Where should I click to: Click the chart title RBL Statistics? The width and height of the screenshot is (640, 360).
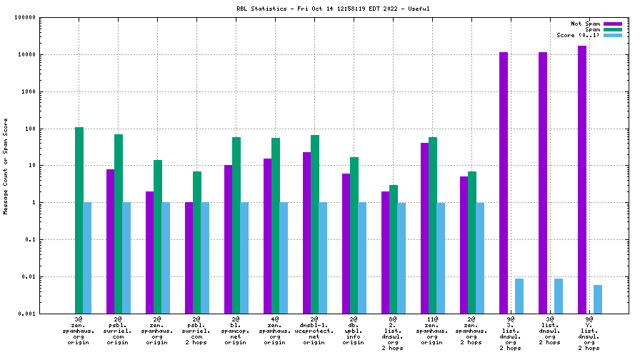coord(333,9)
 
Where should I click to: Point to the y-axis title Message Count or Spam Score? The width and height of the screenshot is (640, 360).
coord(6,166)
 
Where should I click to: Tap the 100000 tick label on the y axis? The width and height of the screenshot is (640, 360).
coord(24,18)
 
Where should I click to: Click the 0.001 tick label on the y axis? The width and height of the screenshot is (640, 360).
coord(27,314)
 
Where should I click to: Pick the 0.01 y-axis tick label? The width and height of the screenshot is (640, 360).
coord(29,276)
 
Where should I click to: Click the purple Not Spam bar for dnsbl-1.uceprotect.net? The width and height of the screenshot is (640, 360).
coord(306,233)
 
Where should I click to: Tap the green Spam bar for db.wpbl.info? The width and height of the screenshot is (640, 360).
coord(354,235)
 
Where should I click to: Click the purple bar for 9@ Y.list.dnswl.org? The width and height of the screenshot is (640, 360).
coord(581,179)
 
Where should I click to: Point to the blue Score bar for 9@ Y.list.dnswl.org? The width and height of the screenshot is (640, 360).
coord(598,299)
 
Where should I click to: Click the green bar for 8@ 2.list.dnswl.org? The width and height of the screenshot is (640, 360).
coord(394,249)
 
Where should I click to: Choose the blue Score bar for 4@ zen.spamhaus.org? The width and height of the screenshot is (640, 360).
coord(284,258)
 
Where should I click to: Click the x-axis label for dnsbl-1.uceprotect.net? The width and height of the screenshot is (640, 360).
coord(314,332)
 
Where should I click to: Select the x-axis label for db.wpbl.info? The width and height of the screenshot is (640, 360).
coord(354,332)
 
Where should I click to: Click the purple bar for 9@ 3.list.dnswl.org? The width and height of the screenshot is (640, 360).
coord(503,183)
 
